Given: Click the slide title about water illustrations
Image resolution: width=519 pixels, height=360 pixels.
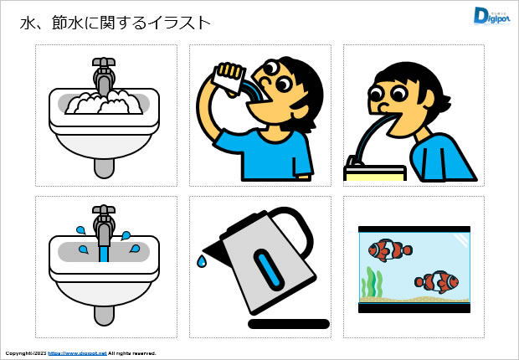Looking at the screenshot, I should coord(115,23).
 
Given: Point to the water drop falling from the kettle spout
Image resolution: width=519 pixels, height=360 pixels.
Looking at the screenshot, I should coord(202,261).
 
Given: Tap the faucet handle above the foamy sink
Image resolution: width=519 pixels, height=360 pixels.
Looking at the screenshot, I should coord(105,63).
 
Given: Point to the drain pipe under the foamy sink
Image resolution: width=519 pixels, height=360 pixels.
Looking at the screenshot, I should coord(104,167).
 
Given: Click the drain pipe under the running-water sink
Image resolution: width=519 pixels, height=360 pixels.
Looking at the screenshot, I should coord(104,315).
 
